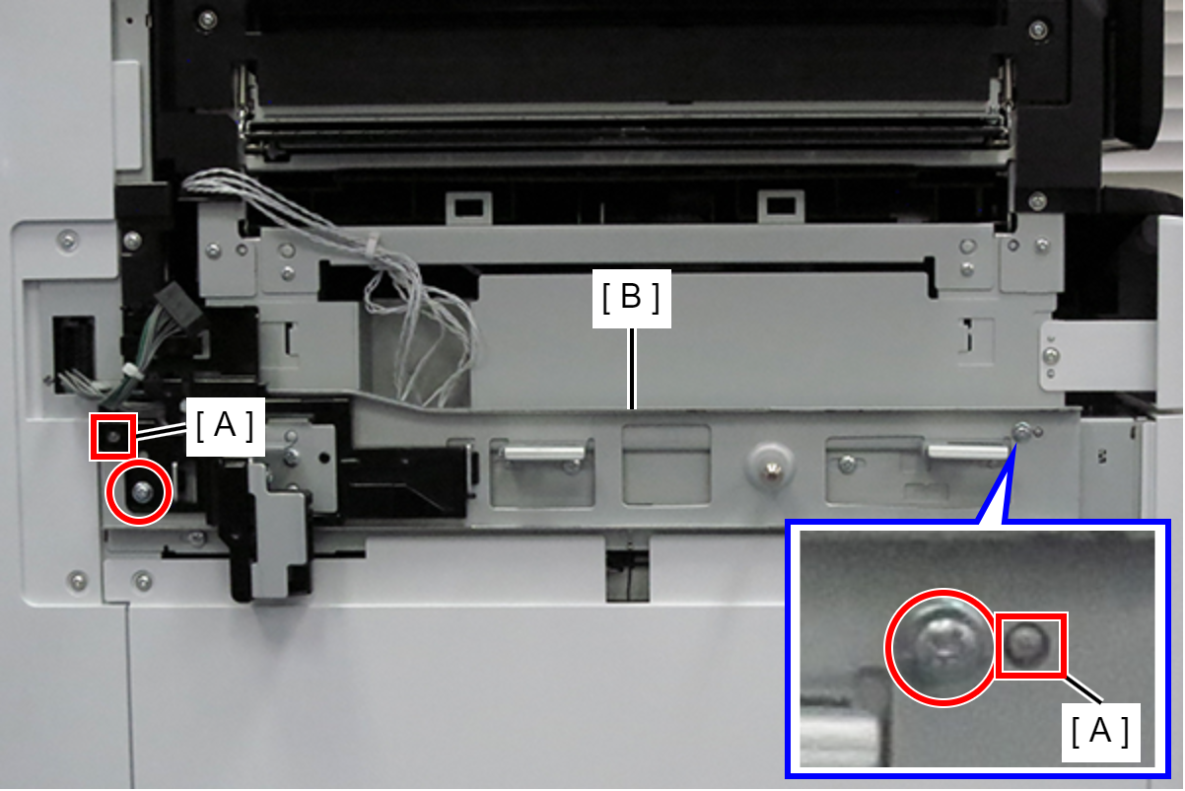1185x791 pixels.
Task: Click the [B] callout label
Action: tap(631, 299)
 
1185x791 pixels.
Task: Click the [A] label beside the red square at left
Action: tap(226, 426)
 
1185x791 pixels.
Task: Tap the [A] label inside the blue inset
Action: tap(1100, 732)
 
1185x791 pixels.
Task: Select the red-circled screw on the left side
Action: tap(140, 492)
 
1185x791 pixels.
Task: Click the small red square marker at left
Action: tap(113, 437)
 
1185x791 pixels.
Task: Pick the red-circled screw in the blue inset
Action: tap(941, 648)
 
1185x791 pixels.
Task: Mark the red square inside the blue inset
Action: tap(1030, 645)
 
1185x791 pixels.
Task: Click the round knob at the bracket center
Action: tap(771, 467)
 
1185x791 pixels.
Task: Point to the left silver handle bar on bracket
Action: tap(544, 454)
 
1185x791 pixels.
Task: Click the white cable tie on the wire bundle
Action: tap(375, 243)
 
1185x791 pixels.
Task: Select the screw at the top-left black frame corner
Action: tap(207, 21)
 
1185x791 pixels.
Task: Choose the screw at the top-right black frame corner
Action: tap(1038, 30)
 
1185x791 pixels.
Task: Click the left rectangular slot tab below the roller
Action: tap(468, 207)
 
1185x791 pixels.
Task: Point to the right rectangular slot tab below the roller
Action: tap(782, 206)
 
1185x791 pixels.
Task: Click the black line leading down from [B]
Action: tap(631, 369)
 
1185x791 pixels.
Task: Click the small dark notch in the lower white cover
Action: tap(627, 576)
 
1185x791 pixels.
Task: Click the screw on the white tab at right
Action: tap(1052, 356)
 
